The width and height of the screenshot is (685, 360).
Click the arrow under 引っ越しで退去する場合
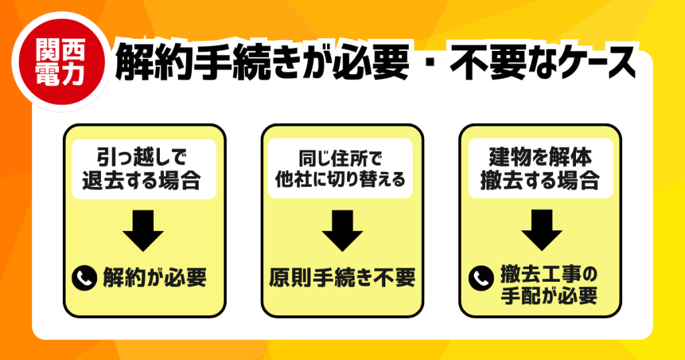tap(143, 231)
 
